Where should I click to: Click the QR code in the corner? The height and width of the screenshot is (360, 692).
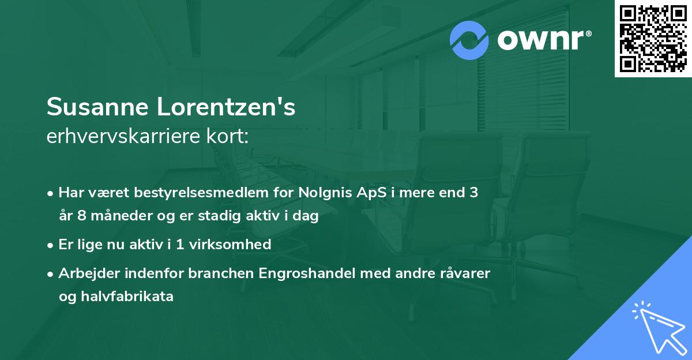653,39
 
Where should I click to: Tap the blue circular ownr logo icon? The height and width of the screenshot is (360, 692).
469,40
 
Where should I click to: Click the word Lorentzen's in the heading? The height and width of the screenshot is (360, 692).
224,107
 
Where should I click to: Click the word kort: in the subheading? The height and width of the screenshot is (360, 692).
230,137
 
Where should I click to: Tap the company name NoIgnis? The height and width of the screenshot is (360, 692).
324,193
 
